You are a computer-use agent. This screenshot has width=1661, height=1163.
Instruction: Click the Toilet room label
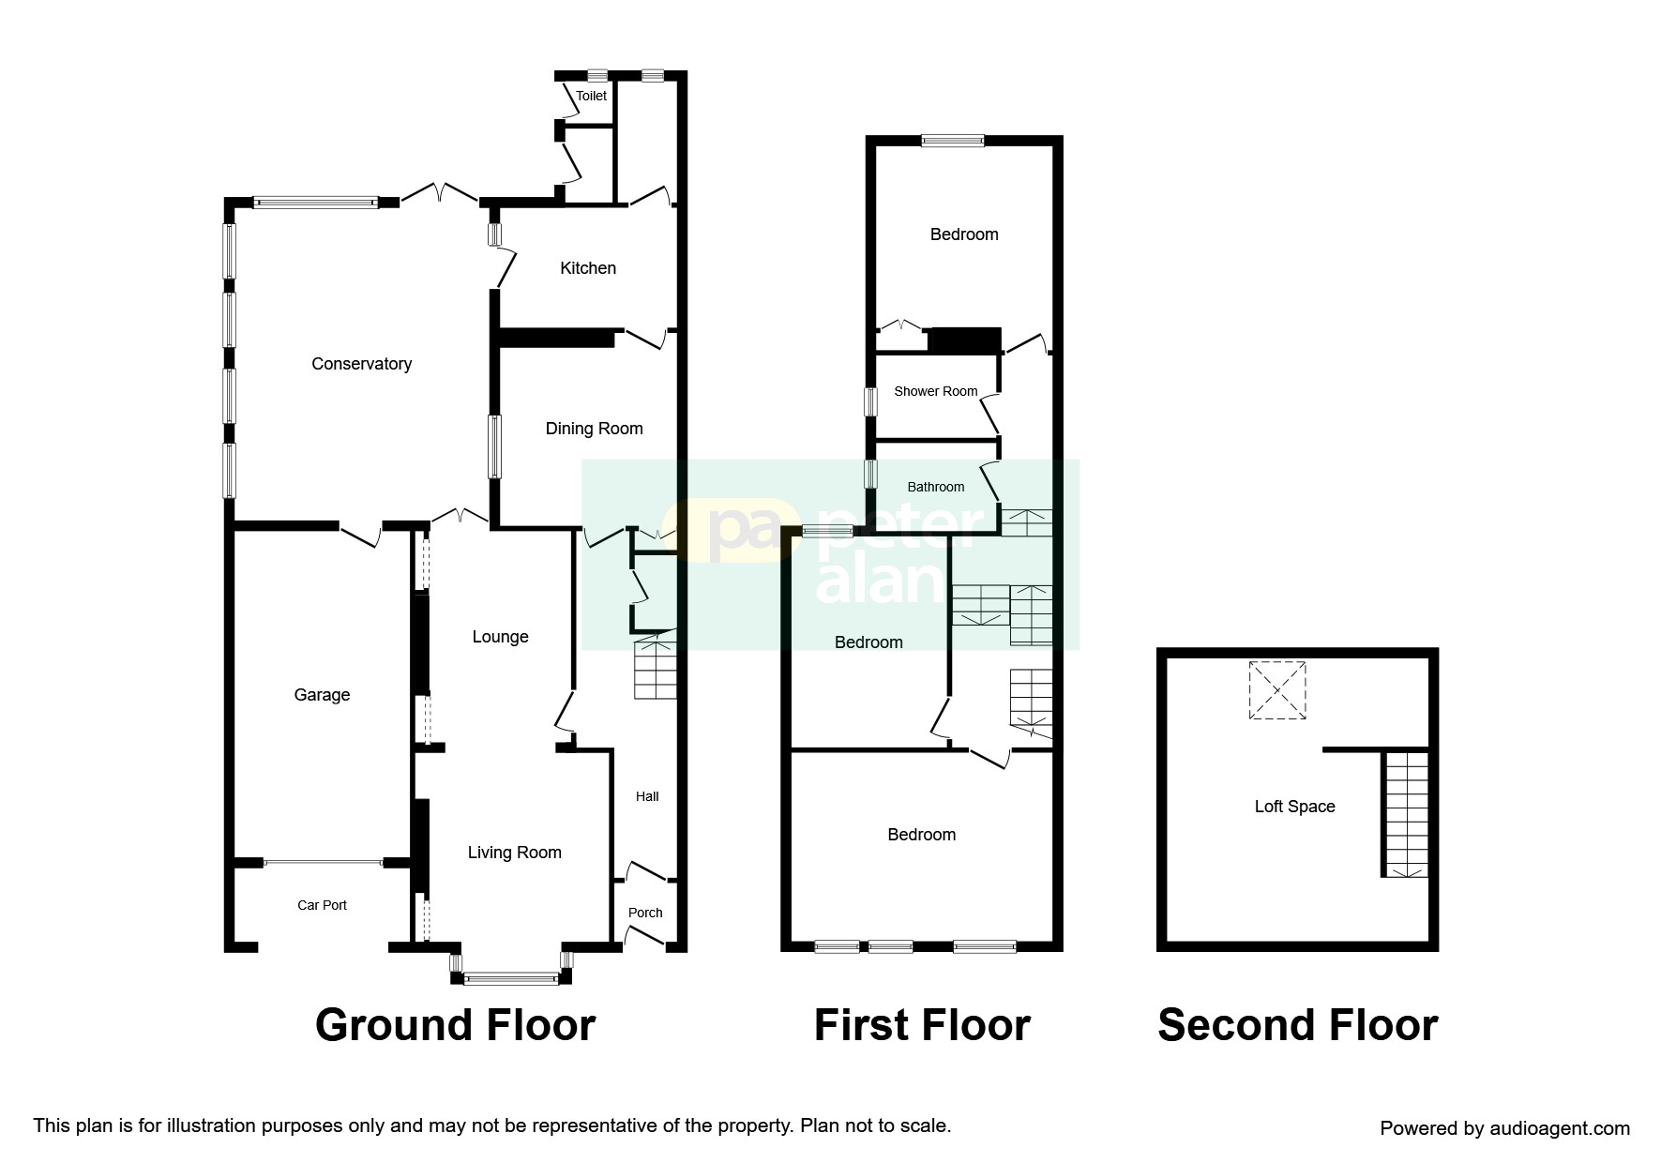pyautogui.click(x=591, y=96)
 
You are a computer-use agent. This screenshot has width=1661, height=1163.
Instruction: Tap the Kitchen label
pyautogui.click(x=588, y=268)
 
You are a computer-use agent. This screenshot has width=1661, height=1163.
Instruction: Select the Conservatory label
pyautogui.click(x=361, y=364)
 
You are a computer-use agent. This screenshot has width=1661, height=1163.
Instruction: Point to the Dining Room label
pyautogui.click(x=594, y=429)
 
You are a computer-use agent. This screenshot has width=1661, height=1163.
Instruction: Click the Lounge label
pyautogui.click(x=500, y=637)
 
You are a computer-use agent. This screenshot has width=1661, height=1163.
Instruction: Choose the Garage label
pyautogui.click(x=322, y=695)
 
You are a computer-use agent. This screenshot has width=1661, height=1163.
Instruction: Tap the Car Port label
pyautogui.click(x=322, y=905)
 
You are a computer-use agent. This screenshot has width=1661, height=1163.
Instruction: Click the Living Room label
pyautogui.click(x=514, y=853)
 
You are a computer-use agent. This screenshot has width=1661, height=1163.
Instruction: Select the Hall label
pyautogui.click(x=647, y=796)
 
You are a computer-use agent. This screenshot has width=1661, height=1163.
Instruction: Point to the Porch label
pyautogui.click(x=645, y=913)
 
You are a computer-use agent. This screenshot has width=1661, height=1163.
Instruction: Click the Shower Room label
pyautogui.click(x=935, y=391)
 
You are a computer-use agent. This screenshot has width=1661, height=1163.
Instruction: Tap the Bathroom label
pyautogui.click(x=935, y=487)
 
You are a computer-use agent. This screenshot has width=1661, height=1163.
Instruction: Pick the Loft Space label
pyautogui.click(x=1294, y=807)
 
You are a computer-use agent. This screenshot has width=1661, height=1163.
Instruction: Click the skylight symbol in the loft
pyautogui.click(x=1277, y=690)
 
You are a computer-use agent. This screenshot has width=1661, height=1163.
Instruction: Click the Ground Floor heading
pyautogui.click(x=455, y=1025)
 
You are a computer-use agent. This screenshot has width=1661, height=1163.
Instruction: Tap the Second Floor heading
pyautogui.click(x=1297, y=1025)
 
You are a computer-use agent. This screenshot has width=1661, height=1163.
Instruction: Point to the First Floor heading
pyautogui.click(x=922, y=1025)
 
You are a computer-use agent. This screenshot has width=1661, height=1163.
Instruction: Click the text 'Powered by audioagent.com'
pyautogui.click(x=1504, y=1128)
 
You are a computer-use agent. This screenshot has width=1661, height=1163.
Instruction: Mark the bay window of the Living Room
pyautogui.click(x=511, y=978)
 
